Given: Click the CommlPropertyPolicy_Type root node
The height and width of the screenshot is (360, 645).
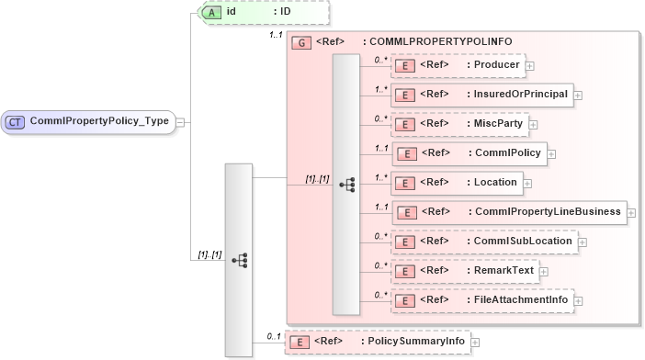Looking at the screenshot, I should click(x=89, y=121).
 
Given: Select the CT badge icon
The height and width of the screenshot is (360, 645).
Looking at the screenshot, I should click(x=16, y=121).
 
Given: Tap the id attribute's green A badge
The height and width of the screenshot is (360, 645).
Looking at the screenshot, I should click(x=209, y=12).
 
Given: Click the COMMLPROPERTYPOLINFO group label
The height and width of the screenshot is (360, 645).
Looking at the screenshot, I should click(x=437, y=42).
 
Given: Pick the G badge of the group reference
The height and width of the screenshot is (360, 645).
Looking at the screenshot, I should click(x=300, y=42).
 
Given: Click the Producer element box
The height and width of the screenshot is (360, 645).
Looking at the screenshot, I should click(x=458, y=65).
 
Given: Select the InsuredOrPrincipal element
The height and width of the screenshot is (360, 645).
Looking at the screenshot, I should click(x=482, y=94).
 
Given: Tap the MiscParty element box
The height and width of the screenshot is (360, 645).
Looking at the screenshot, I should click(x=459, y=123).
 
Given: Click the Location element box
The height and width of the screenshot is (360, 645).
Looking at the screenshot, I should click(x=456, y=182).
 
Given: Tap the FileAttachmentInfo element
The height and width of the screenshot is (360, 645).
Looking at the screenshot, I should click(x=484, y=299).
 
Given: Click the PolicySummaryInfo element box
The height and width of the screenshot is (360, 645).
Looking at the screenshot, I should click(x=376, y=342).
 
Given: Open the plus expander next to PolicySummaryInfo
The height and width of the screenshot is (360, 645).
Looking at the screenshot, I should click(x=475, y=343).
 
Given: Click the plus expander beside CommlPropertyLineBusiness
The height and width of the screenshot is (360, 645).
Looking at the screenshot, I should click(x=631, y=212).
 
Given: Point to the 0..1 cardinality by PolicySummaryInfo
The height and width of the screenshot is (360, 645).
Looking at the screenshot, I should click(x=273, y=336).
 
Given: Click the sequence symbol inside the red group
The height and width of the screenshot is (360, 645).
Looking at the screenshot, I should click(x=347, y=185).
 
